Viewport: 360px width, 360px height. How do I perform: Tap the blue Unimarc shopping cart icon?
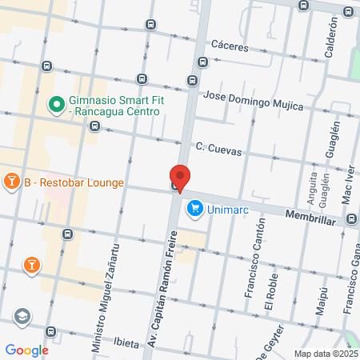pos(194,210)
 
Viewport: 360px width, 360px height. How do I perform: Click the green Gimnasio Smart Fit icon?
pos(56,104)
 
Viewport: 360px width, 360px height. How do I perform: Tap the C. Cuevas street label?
pos(219,149)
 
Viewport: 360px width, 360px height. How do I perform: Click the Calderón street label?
pos(333,39)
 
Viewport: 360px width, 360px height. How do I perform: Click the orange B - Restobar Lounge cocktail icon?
pos(12,182)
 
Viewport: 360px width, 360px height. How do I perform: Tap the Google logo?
pos(26,350)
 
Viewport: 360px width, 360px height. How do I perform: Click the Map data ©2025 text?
pos(325,354)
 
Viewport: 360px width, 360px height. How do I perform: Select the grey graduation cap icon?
pos(22,317)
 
